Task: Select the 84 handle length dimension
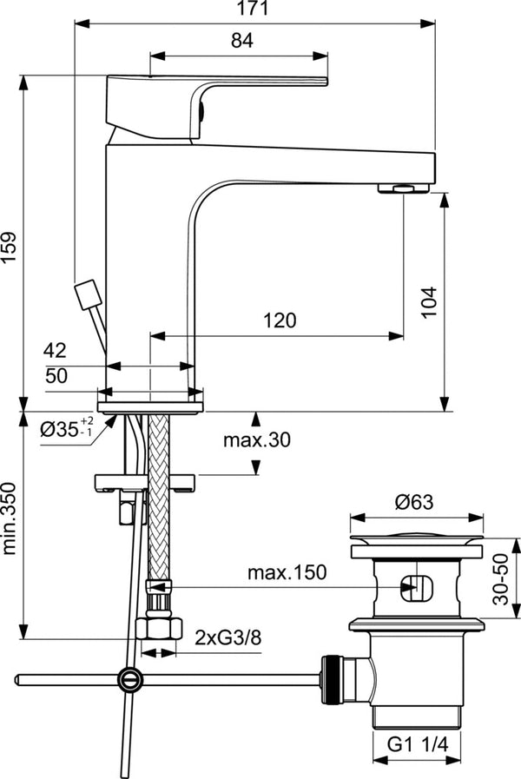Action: [241, 40]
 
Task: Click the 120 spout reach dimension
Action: [280, 320]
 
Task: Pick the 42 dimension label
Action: [55, 351]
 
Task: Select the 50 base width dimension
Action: [55, 375]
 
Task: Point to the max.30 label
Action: [256, 439]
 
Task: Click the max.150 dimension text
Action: [286, 572]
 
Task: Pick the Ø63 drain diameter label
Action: [418, 502]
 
